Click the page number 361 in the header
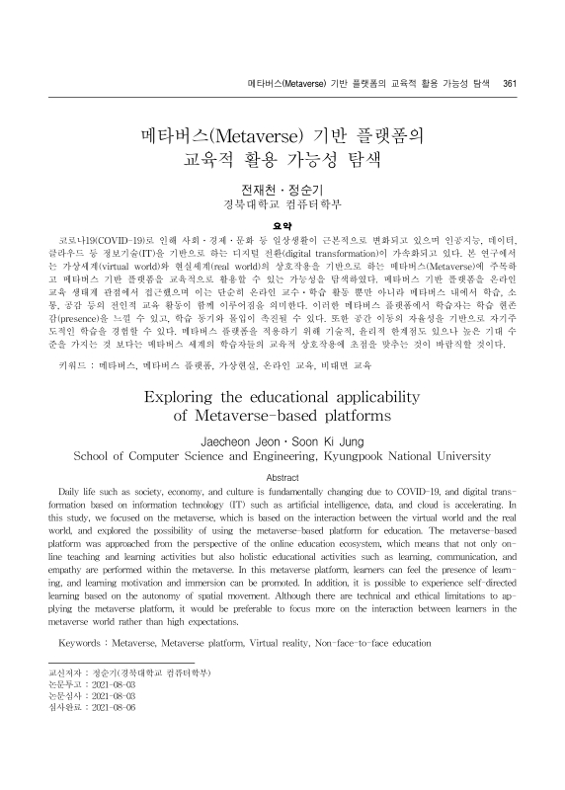[x=510, y=84]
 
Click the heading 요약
[x=282, y=196]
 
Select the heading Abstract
[x=282, y=476]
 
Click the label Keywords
[x=88, y=643]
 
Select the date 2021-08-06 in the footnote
[x=113, y=708]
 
